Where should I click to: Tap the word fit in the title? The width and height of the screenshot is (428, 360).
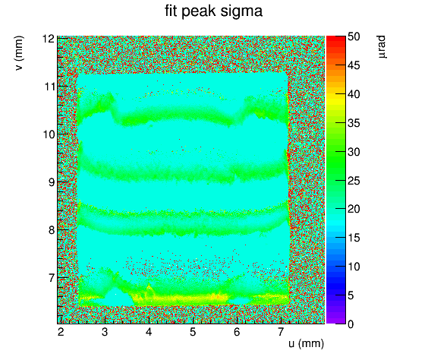coord(172,11)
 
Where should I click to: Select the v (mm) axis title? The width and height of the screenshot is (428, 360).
coord(20,53)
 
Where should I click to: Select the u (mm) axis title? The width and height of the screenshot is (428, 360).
coord(307,343)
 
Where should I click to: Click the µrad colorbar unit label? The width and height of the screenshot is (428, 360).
coord(382,46)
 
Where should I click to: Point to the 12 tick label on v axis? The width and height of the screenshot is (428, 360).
coord(48,39)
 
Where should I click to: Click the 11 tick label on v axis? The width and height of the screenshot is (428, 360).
coord(49,87)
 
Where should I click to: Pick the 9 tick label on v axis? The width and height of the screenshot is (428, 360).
coord(52,182)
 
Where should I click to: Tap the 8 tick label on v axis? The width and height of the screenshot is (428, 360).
coord(52,230)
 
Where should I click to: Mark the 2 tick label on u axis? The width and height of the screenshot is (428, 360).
coord(61,332)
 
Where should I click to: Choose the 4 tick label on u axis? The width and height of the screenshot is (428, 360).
coord(149,332)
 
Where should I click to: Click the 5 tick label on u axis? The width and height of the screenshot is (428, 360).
coord(193,332)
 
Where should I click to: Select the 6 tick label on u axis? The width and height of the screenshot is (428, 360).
coord(237,332)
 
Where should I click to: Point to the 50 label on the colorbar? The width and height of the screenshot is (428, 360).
coord(354,36)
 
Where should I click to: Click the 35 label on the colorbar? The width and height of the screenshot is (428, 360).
coord(354,123)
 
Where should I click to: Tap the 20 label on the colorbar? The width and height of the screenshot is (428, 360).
coord(354,210)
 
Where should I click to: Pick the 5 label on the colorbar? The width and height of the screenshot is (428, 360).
coord(351,295)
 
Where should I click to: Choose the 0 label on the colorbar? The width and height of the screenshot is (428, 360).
coord(351,324)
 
